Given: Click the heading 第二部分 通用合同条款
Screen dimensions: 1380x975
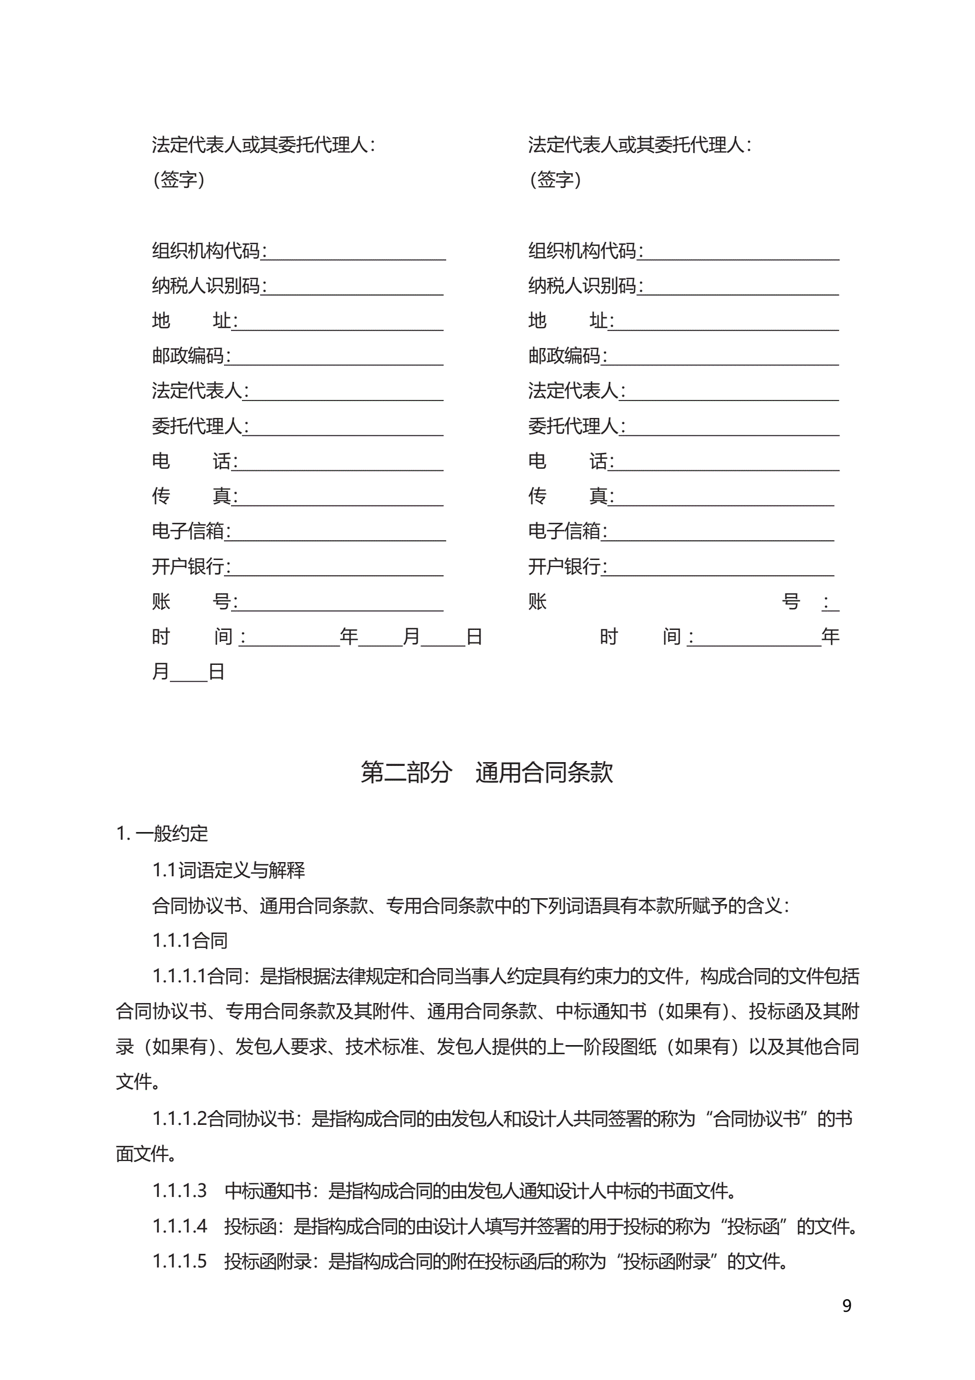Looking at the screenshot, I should pyautogui.click(x=486, y=772).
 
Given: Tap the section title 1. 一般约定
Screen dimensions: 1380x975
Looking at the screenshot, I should pyautogui.click(x=162, y=834).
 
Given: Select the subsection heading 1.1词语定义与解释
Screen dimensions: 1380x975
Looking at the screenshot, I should pyautogui.click(x=228, y=870).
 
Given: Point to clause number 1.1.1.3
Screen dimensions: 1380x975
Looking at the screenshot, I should pyautogui.click(x=179, y=1190).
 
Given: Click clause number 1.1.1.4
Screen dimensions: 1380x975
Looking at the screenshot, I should pyautogui.click(x=179, y=1225).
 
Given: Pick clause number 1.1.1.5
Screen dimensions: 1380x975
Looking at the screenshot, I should pyautogui.click(x=179, y=1261).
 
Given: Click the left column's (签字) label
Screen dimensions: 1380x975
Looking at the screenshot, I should pyautogui.click(x=179, y=179).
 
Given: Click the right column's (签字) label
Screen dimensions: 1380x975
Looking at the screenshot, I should pyautogui.click(x=555, y=179).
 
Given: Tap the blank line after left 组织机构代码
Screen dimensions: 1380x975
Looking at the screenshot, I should pyautogui.click(x=354, y=253).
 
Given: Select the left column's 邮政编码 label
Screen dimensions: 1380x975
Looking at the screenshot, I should pyautogui.click(x=187, y=356).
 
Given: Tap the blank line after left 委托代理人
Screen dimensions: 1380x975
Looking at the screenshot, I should pyautogui.click(x=346, y=429).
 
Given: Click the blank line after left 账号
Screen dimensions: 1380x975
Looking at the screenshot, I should pyautogui.click(x=340, y=605).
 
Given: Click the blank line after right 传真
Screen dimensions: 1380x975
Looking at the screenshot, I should pyautogui.click(x=724, y=499).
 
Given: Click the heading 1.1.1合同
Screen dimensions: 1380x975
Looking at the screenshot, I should pyautogui.click(x=190, y=940).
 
